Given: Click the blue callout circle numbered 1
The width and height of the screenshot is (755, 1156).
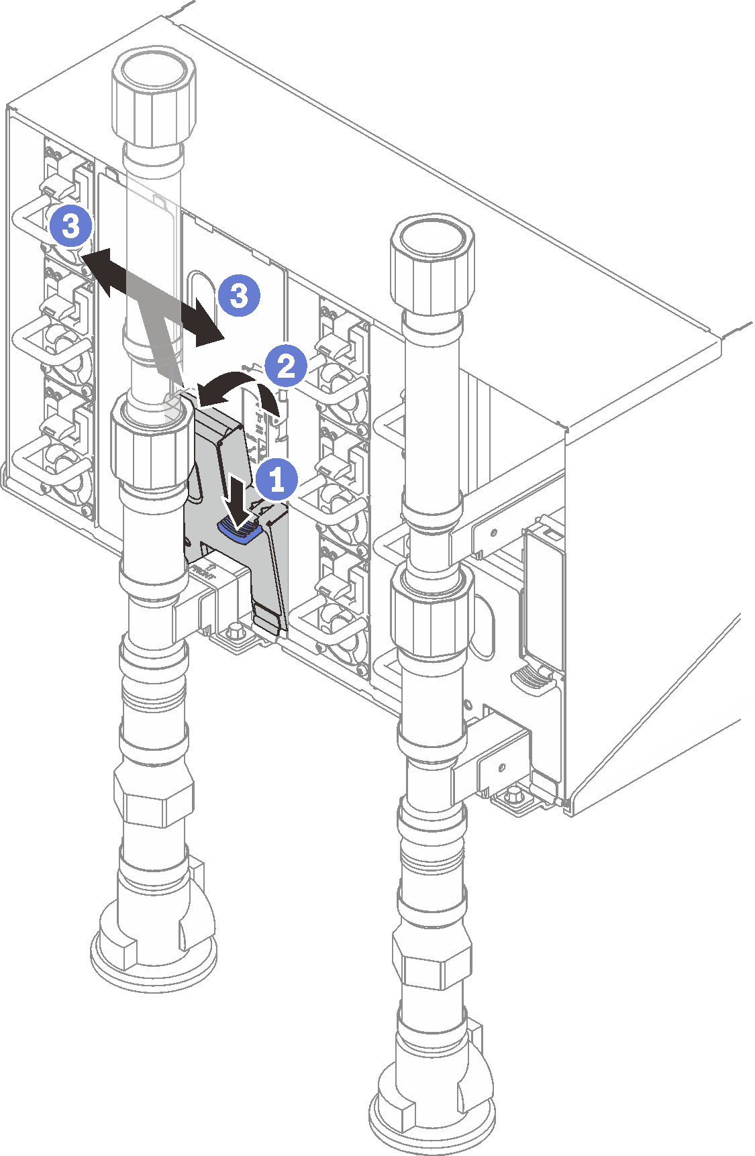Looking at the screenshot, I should [276, 479].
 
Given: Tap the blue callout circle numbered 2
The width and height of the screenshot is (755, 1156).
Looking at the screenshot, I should [285, 366].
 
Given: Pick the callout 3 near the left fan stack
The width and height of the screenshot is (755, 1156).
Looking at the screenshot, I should [70, 226].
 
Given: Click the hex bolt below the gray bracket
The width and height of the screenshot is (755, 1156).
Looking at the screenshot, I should [236, 631].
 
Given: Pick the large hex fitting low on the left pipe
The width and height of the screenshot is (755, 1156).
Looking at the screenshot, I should [153, 798].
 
